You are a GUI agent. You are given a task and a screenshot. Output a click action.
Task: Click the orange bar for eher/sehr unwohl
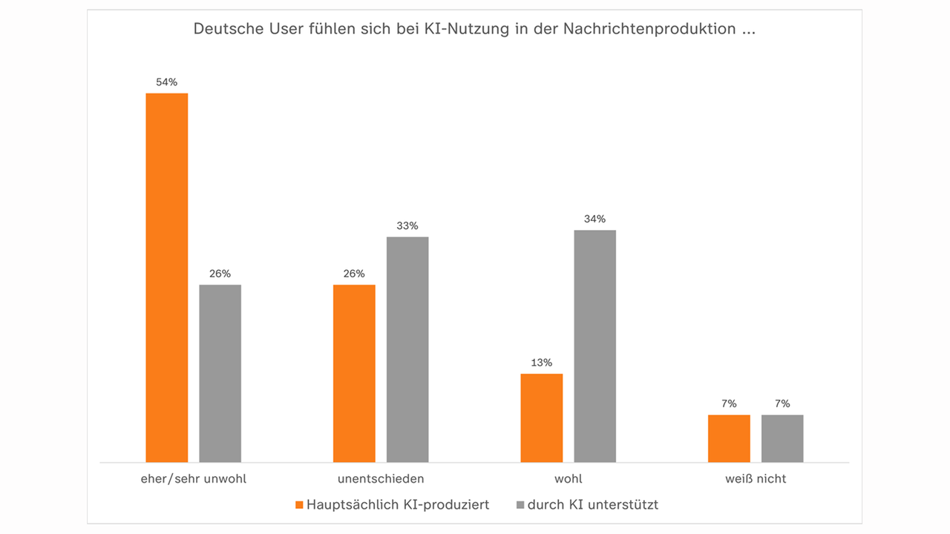point(166,278)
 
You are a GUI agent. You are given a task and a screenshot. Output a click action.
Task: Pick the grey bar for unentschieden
point(407,349)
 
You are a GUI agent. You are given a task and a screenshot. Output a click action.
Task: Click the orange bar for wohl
point(541,418)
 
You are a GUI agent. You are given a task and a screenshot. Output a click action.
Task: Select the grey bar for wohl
point(594,346)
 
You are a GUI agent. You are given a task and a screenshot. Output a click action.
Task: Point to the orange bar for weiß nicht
point(729,438)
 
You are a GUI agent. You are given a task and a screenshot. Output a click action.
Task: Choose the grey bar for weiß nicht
point(782,438)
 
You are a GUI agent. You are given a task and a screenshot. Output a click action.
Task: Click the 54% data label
point(166,82)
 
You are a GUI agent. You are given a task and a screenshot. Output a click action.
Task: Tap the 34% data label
point(594,219)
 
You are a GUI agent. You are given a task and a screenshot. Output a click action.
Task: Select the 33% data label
point(407,225)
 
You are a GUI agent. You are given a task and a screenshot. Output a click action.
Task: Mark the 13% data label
point(541,363)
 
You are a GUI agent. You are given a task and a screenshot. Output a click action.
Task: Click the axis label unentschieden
point(381,479)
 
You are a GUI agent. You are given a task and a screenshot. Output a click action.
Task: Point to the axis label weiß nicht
point(756,479)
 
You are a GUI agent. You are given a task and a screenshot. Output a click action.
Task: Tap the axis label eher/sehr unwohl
point(193,479)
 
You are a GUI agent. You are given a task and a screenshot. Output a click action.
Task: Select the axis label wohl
point(568,479)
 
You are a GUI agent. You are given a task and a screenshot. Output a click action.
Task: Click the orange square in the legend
point(299,505)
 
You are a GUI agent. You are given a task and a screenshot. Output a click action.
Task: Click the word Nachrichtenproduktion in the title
point(649,30)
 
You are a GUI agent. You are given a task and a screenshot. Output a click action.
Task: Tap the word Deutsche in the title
point(223,30)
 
